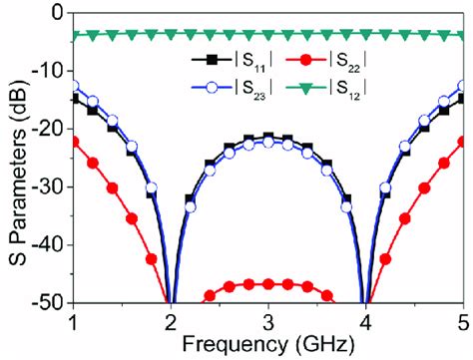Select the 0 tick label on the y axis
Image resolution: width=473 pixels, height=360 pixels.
pos(55,13)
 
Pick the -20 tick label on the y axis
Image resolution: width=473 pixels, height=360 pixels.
pos(45,129)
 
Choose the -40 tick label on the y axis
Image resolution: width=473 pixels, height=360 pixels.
pos(45,244)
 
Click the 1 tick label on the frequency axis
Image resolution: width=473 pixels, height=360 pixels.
pos(73,321)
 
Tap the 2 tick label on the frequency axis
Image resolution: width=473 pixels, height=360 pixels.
pos(171,321)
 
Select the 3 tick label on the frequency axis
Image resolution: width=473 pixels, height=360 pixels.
pos(268,321)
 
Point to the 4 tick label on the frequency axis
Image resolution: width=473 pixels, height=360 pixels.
pos(366,321)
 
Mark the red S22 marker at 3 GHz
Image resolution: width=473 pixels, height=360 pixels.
pos(268,284)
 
